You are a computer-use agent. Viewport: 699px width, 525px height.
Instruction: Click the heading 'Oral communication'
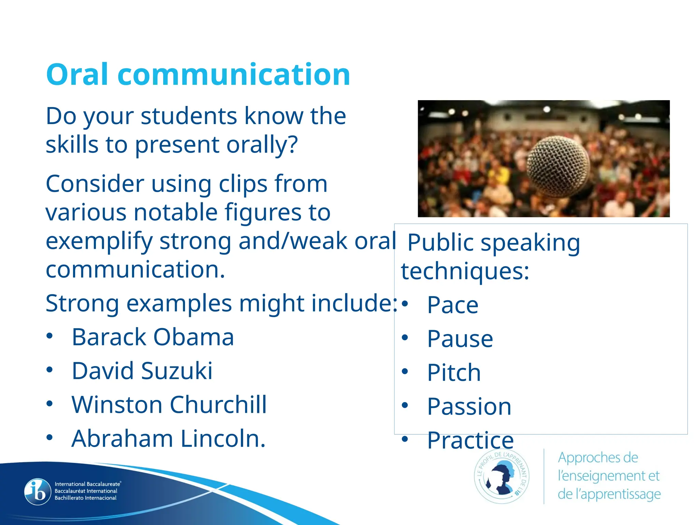pyautogui.click(x=198, y=74)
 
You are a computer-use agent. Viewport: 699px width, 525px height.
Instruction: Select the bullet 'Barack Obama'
pyautogui.click(x=153, y=337)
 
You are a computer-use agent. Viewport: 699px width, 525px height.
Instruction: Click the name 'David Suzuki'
pyautogui.click(x=142, y=371)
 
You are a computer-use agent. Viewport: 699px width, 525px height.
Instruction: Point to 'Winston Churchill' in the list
pyautogui.click(x=169, y=405)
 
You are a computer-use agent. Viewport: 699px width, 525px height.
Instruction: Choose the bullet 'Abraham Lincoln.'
pyautogui.click(x=168, y=439)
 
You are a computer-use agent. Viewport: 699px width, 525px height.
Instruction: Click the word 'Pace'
pyautogui.click(x=453, y=305)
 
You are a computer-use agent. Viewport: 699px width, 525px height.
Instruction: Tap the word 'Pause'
pyautogui.click(x=460, y=339)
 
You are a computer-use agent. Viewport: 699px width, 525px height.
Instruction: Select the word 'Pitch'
pyautogui.click(x=454, y=373)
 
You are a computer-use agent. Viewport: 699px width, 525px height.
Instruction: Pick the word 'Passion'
pyautogui.click(x=469, y=406)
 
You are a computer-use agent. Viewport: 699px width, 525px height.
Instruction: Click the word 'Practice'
pyautogui.click(x=470, y=440)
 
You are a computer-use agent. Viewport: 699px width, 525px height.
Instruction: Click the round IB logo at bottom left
pyautogui.click(x=38, y=492)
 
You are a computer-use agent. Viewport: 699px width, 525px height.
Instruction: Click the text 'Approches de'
pyautogui.click(x=598, y=458)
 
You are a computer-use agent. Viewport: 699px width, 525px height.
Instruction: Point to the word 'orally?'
pyautogui.click(x=262, y=145)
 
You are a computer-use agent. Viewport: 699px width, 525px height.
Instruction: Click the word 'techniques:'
pyautogui.click(x=465, y=271)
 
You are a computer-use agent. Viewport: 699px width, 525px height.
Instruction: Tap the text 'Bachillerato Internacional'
pyautogui.click(x=86, y=498)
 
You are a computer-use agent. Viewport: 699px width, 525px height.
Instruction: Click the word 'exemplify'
pyautogui.click(x=99, y=241)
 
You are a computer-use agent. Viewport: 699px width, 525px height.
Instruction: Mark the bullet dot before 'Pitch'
pyautogui.click(x=405, y=372)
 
